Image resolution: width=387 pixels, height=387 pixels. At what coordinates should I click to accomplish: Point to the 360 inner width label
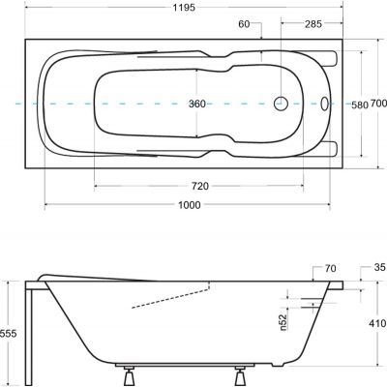pos(198,102)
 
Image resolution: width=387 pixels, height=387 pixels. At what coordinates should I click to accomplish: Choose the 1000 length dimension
pos(189,205)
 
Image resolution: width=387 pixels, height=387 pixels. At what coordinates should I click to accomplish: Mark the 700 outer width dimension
pos(378,104)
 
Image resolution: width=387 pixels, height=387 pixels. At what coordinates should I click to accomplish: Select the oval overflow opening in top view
pos(322,103)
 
